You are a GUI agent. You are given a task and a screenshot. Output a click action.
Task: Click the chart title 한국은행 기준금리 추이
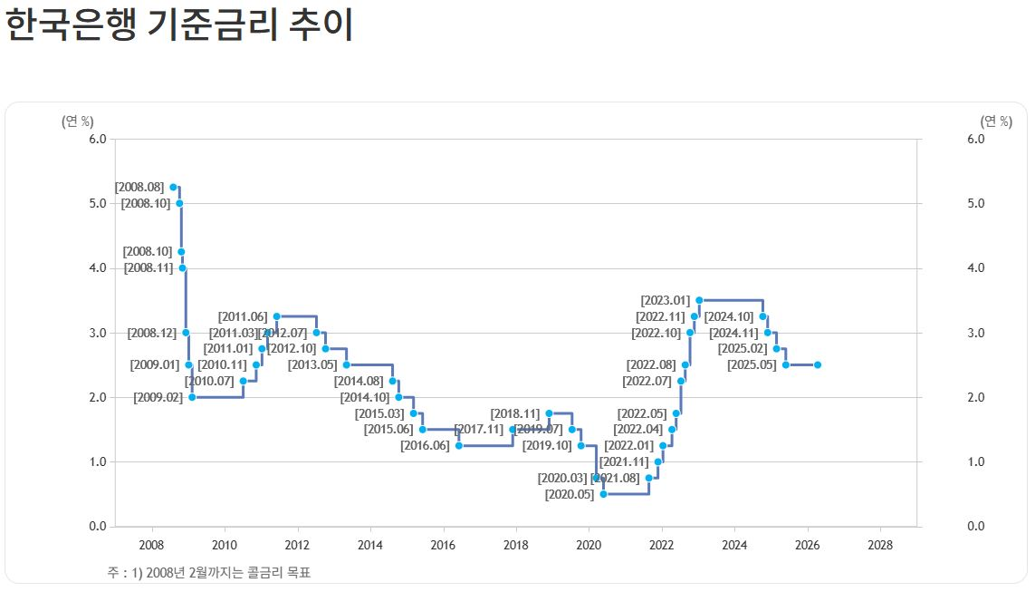coord(178,25)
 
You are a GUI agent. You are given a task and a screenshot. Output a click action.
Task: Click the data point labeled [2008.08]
coord(173,187)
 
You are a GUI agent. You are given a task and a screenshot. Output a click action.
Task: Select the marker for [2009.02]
coord(192,397)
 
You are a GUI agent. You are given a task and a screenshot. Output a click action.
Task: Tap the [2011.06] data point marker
coord(276,316)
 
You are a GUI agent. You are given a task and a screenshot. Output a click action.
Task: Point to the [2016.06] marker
coord(459,446)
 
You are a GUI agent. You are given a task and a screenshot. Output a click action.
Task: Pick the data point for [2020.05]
coord(603,494)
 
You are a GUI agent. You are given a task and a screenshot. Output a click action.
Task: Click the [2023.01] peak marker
coord(699,300)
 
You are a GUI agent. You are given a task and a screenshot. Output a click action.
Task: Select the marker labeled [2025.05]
coord(786,365)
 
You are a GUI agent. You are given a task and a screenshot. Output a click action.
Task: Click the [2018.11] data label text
coord(514,413)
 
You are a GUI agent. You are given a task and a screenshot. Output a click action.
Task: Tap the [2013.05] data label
coord(312,365)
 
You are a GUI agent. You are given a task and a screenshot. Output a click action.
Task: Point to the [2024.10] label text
coord(729,316)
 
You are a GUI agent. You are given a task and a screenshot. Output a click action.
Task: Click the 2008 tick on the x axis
coord(151,545)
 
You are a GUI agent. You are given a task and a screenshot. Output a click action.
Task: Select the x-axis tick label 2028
coord(879,545)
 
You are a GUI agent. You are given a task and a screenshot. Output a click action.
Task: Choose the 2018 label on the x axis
coord(515,545)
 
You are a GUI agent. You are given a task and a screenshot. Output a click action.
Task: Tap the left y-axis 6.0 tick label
coord(98,139)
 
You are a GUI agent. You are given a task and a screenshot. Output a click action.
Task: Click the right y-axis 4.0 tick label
coord(975,268)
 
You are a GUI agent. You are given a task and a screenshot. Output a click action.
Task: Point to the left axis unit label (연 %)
coord(77,121)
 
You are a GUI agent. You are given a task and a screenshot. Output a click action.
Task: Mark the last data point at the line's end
coord(818,365)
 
